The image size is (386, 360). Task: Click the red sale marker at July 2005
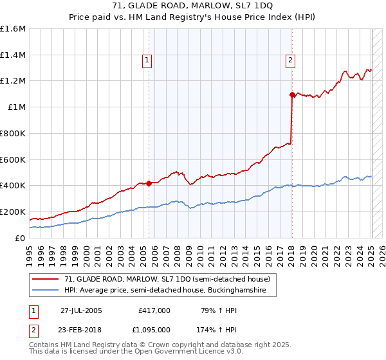[x=149, y=183]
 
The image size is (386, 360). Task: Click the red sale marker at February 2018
[x=292, y=94]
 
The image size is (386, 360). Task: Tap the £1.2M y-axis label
[x=13, y=81]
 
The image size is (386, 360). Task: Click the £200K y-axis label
[x=12, y=212]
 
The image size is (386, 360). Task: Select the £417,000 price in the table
[x=154, y=310]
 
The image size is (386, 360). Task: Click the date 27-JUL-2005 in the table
[x=81, y=310]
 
